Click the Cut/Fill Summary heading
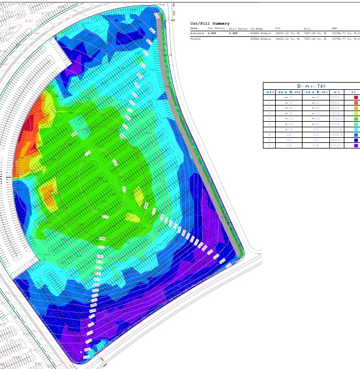[210, 23]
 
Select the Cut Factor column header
[215, 28]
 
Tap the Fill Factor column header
[238, 28]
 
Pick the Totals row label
[195, 39]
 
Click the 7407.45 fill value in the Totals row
[312, 39]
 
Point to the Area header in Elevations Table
[337, 92]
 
